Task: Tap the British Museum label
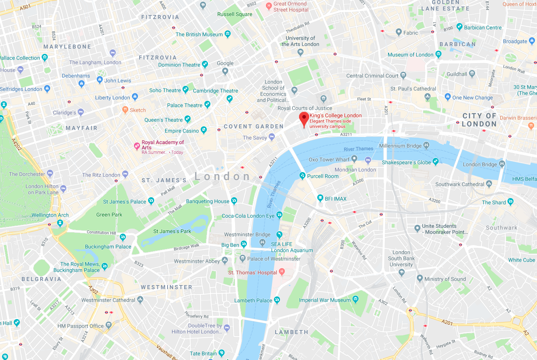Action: [x=199, y=34]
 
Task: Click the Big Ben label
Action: [x=230, y=245]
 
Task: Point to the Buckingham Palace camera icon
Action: [x=123, y=237]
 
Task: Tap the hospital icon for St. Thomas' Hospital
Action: [x=282, y=272]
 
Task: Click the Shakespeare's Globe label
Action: [x=406, y=162]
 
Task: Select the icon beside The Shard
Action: [x=511, y=202]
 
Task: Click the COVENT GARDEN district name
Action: [x=253, y=126]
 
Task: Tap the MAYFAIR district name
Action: [x=82, y=128]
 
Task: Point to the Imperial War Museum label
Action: [x=325, y=300]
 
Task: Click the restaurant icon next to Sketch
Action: [x=125, y=109]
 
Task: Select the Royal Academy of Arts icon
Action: [x=137, y=145]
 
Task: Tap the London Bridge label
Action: [x=480, y=164]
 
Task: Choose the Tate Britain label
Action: [x=203, y=354]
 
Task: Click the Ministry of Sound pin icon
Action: [x=420, y=279]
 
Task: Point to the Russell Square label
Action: [x=235, y=14]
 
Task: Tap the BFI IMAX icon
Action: [x=320, y=198]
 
